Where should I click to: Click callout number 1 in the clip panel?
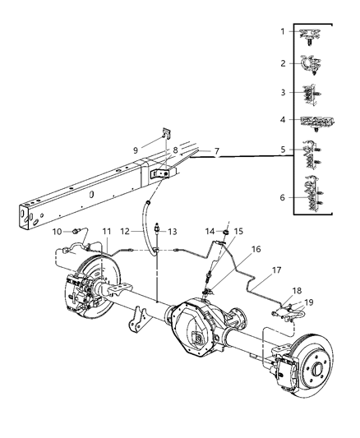pyautogui.click(x=281, y=32)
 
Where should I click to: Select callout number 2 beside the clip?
pyautogui.click(x=281, y=62)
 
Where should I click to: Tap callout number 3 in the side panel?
pyautogui.click(x=281, y=93)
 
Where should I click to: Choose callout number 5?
pyautogui.click(x=281, y=150)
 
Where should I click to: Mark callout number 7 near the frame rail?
pyautogui.click(x=216, y=152)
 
